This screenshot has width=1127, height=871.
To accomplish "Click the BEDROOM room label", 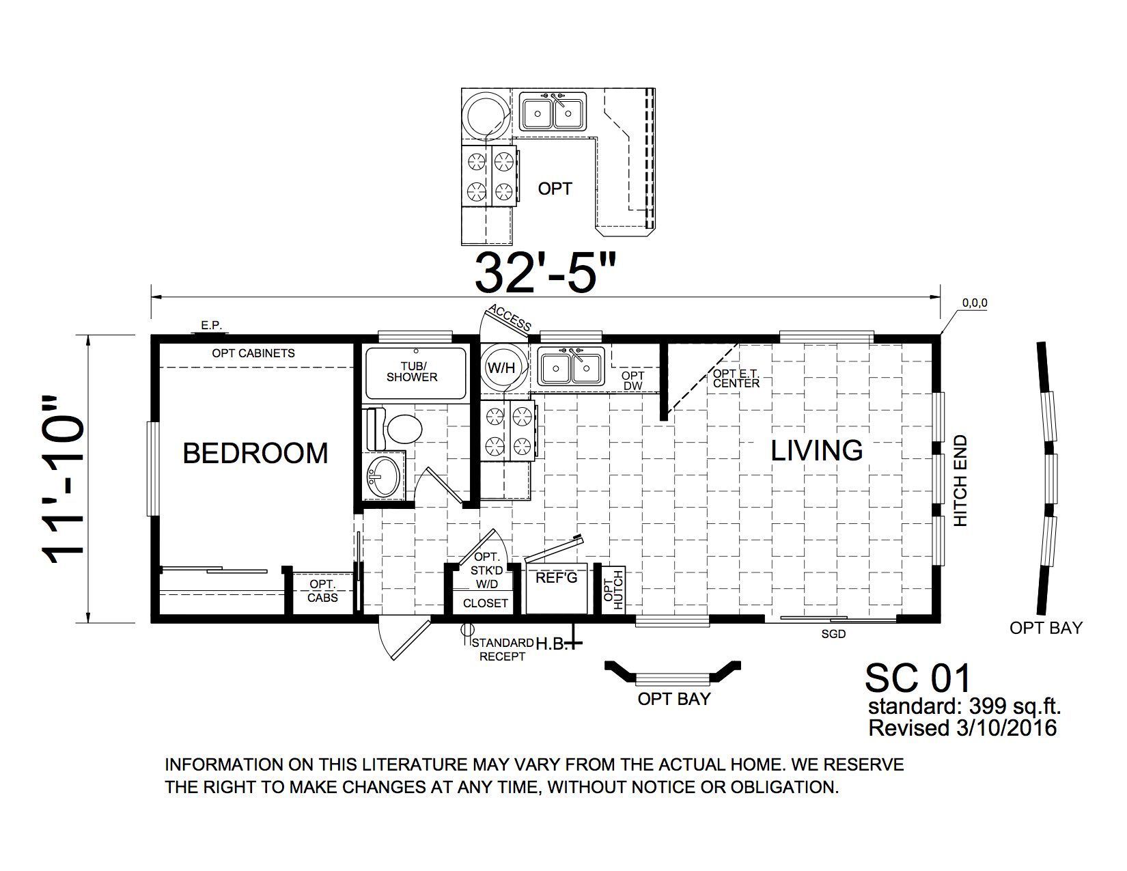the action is (x=255, y=453).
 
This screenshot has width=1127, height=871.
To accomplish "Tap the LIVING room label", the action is (x=816, y=450).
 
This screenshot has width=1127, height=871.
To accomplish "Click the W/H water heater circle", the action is (x=501, y=368).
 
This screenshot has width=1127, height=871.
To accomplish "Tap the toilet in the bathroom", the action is (x=395, y=429).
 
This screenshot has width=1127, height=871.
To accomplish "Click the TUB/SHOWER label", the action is (x=412, y=372).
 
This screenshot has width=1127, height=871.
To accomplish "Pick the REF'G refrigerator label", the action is (x=556, y=578).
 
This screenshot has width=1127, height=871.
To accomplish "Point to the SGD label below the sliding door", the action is (x=833, y=634).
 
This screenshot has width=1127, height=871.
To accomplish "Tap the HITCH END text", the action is (x=960, y=481).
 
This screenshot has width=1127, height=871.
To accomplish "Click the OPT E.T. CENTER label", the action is (x=736, y=378).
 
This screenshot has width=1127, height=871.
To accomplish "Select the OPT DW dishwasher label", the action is (x=632, y=381).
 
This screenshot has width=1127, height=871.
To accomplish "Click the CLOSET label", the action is (x=485, y=603).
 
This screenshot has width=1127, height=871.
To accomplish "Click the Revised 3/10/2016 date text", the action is (x=962, y=728).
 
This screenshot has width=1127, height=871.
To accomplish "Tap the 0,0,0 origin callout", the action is (x=975, y=303).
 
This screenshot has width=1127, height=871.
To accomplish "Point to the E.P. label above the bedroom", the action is (x=211, y=325).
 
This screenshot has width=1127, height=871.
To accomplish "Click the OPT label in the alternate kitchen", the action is (x=555, y=189).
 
